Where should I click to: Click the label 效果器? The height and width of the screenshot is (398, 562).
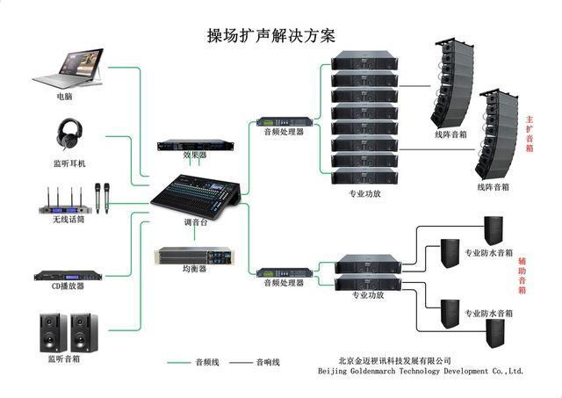pos(195,155)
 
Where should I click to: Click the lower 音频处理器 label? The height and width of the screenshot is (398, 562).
pos(283,283)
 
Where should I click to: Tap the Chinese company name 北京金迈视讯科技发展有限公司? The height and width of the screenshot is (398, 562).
pos(394,360)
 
